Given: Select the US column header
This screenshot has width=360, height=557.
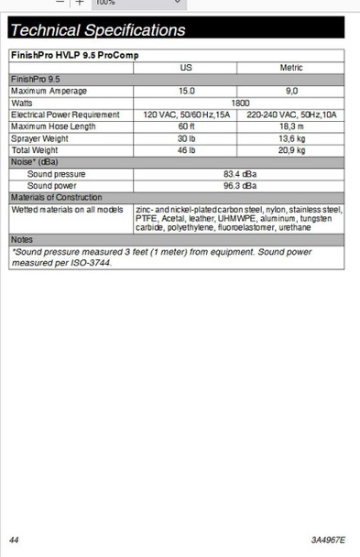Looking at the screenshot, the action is (x=186, y=68).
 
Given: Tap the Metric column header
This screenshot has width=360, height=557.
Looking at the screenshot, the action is (x=291, y=68).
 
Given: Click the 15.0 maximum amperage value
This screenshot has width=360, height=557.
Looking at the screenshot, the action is (x=186, y=91).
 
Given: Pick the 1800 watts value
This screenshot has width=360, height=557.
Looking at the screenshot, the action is (x=240, y=103).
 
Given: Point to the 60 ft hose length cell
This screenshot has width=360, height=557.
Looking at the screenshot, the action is (x=186, y=126).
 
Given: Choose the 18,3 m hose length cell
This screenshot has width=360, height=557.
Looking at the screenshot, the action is (x=291, y=126).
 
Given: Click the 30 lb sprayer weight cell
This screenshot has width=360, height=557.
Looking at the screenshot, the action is (x=186, y=138).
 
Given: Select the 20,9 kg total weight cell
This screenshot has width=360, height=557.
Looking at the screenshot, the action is (x=291, y=150).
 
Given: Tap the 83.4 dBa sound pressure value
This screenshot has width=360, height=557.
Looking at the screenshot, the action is (x=240, y=173).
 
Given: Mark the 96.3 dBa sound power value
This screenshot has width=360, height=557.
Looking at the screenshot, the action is (x=240, y=185).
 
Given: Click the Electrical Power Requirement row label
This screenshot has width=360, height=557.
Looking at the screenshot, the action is (x=65, y=115).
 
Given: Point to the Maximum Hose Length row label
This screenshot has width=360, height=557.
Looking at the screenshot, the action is (x=56, y=126).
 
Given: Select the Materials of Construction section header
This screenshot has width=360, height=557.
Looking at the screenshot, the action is (x=57, y=197).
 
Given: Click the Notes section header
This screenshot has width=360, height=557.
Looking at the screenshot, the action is (x=22, y=239).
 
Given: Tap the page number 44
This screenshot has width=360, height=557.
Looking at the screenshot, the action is (x=14, y=540).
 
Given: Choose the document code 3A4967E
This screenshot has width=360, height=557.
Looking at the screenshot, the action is (x=328, y=540).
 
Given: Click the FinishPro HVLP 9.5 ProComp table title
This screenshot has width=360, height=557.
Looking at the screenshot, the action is (x=75, y=55).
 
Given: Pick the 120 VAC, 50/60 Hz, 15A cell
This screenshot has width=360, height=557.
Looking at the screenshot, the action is (x=186, y=115).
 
